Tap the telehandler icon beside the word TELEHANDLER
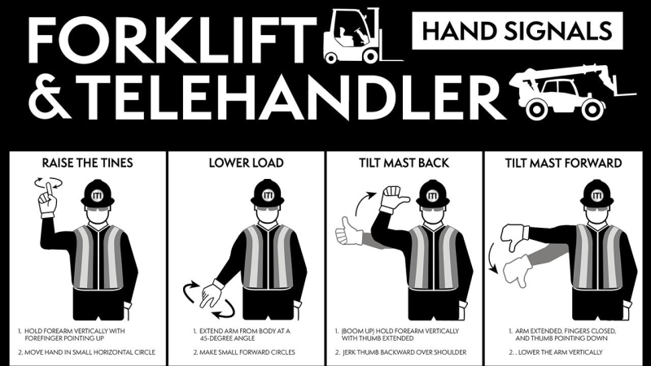point(571,92)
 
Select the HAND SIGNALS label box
point(518,31)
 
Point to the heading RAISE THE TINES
point(88,163)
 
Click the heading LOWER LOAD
point(247,163)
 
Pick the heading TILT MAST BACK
point(404,163)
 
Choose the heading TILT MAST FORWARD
point(563,163)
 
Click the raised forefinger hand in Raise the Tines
point(48,201)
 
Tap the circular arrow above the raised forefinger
point(49,182)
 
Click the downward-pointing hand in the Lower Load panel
point(211,293)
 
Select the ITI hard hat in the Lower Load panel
point(268,194)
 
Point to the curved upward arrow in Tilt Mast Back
point(365,203)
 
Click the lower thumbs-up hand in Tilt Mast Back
point(348,232)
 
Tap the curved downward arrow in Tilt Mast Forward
point(492,258)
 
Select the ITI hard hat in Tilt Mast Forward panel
point(597,194)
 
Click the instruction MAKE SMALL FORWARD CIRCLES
point(247,352)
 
